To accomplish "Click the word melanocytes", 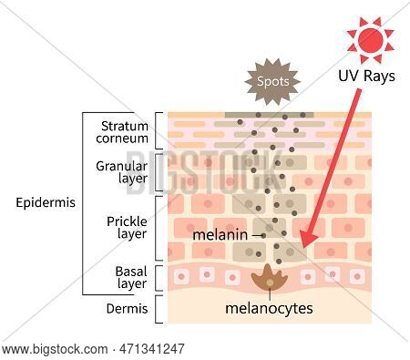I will point(269,308).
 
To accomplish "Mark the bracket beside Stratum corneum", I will point(160,130).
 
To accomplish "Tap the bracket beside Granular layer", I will point(160,172).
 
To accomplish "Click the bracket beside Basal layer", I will point(160,277).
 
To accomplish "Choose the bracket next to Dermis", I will point(160,310).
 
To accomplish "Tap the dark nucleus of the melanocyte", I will point(268,280).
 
